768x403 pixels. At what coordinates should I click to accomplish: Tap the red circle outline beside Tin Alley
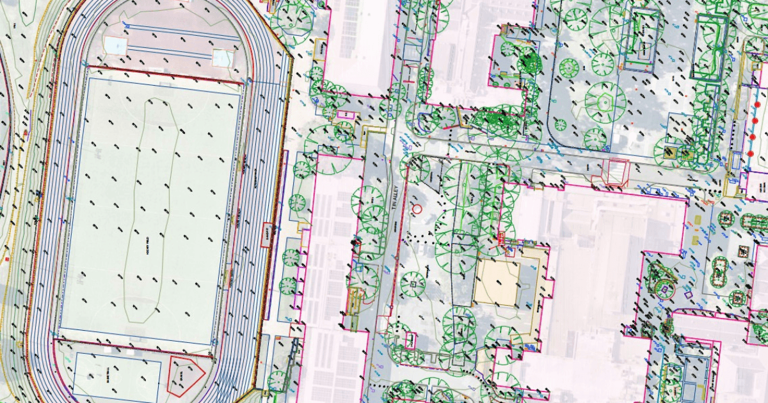pyautogui.click(x=417, y=209)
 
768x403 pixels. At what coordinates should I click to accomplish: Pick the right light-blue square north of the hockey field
pyautogui.click(x=222, y=58)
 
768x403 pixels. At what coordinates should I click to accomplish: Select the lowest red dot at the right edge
pyautogui.click(x=751, y=154)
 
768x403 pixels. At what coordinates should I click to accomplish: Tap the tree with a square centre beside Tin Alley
pyautogui.click(x=413, y=284)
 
